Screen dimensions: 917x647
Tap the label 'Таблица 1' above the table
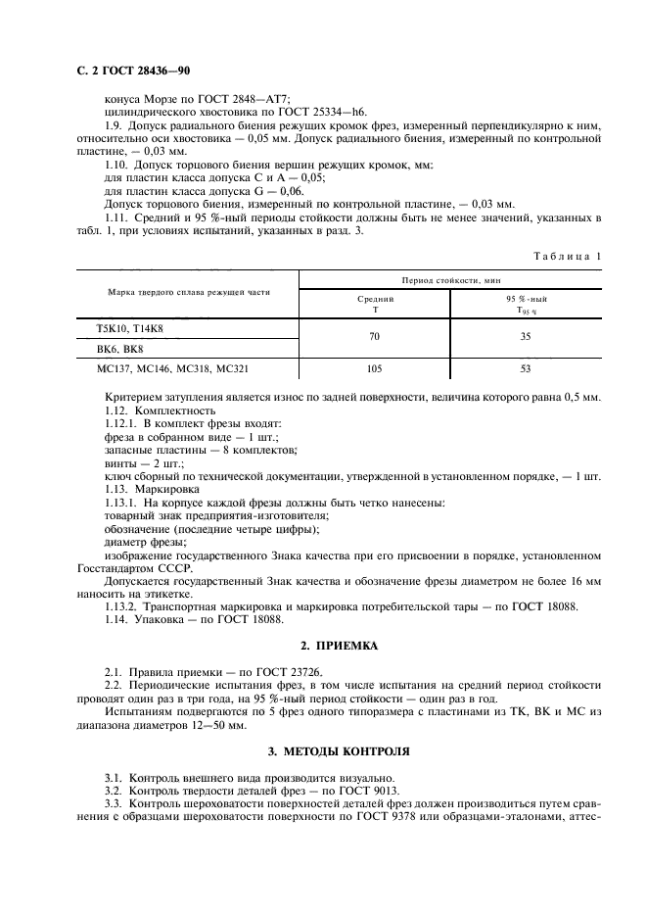pyautogui.click(x=568, y=256)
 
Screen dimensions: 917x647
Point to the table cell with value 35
pyautogui.click(x=527, y=335)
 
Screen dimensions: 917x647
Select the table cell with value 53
pyautogui.click(x=527, y=370)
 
